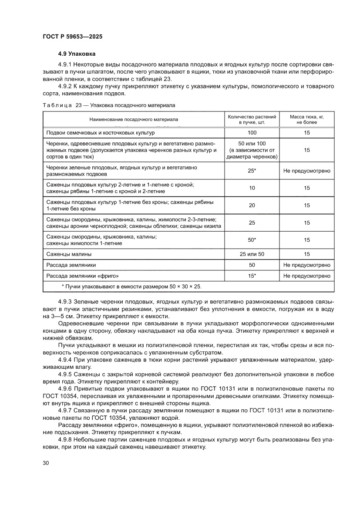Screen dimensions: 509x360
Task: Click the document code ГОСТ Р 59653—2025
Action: pos(73,37)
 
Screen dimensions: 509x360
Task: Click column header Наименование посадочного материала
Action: pos(134,119)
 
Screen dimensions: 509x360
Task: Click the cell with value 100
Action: pos(252,132)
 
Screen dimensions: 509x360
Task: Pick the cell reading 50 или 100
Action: pos(252,143)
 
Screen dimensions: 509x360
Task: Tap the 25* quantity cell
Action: pos(252,171)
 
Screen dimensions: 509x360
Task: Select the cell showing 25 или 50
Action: pos(252,254)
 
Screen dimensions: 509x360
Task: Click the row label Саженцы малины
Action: pos(69,254)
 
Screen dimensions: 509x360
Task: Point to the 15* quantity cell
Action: pos(252,276)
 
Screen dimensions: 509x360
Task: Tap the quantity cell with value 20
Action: pos(252,205)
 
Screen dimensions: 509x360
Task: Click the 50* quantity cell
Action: pos(252,240)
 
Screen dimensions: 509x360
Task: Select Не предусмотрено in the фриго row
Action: pos(307,276)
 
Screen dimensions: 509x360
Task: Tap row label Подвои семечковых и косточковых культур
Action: pos(100,132)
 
